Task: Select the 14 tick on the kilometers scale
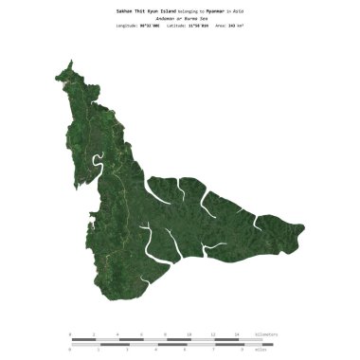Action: click(x=237, y=335)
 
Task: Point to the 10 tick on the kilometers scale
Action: click(x=189, y=335)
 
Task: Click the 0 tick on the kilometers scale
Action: click(x=70, y=335)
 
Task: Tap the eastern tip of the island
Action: click(x=304, y=227)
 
